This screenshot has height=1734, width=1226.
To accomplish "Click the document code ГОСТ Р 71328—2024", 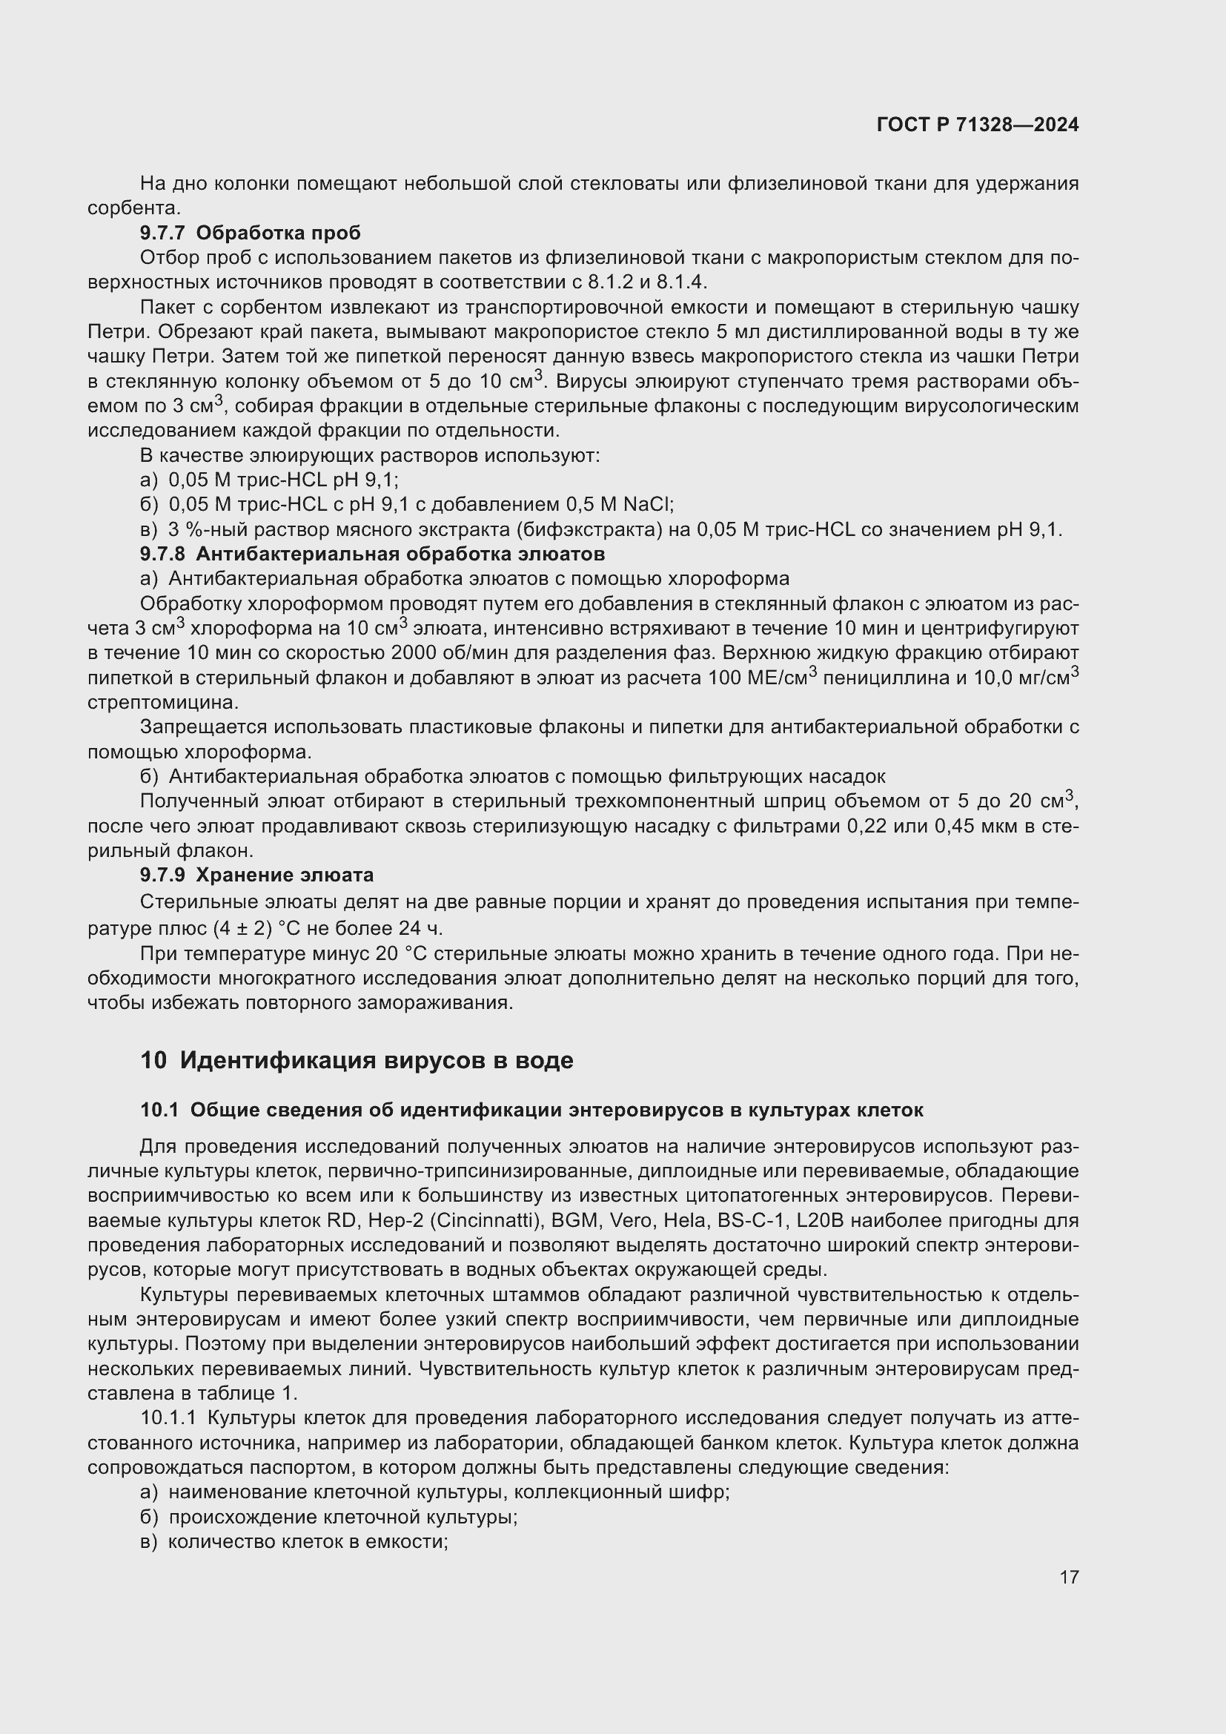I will click(978, 125).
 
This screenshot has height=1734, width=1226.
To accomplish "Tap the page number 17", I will click(1069, 1577).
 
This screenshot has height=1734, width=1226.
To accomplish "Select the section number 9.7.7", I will click(162, 234).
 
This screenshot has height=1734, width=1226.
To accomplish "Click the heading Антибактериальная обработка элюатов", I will click(400, 555).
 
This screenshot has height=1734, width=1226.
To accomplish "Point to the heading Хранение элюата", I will click(285, 876).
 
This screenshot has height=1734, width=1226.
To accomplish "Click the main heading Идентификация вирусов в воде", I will click(376, 1060).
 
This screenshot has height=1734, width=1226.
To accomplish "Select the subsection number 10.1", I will click(159, 1111).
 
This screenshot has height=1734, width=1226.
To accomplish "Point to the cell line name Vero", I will click(632, 1221).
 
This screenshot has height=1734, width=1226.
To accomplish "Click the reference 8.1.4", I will click(681, 282).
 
